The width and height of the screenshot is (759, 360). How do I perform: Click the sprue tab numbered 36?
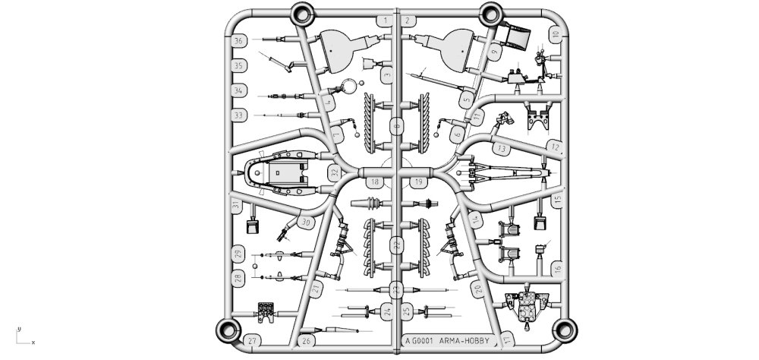240,41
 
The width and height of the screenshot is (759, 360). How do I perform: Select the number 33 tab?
239,115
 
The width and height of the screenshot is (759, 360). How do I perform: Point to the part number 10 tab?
556,35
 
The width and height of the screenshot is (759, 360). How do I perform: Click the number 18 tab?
375,182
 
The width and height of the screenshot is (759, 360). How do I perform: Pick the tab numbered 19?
419,182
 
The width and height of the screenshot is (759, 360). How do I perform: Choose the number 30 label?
306,222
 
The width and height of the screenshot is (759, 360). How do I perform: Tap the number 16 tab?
556,268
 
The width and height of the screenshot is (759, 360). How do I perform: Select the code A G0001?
419,341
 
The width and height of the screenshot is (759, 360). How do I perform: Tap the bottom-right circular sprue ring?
565,329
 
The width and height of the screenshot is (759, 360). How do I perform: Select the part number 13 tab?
502,149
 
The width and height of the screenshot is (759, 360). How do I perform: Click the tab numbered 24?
387,311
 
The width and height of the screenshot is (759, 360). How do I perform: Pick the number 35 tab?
238,66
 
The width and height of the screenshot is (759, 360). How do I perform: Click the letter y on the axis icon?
19,328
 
